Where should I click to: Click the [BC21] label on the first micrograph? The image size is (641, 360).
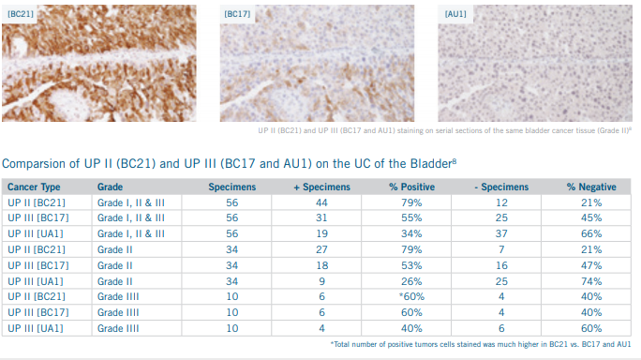(21, 14)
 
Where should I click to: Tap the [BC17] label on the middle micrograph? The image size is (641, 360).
(237, 14)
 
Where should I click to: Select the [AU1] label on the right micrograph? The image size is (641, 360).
(455, 14)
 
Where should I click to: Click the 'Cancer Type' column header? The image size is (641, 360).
(34, 187)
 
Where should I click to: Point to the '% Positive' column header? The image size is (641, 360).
(411, 187)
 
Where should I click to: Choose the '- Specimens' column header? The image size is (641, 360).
(501, 187)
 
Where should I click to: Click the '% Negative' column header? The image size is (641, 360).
(591, 187)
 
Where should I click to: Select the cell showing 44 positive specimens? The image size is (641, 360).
(321, 202)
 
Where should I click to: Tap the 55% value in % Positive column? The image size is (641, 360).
(411, 218)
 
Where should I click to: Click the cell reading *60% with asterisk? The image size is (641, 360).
(411, 296)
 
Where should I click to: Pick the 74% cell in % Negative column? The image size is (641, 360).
(591, 281)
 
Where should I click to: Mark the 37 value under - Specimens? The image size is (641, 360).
(501, 233)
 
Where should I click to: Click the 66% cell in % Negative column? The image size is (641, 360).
(591, 233)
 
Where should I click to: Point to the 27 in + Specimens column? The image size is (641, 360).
(321, 249)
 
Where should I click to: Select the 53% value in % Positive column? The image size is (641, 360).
(411, 265)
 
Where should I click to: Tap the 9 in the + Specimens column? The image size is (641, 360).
(322, 281)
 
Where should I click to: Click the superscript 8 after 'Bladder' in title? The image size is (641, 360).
(455, 160)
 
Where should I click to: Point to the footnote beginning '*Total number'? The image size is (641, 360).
(481, 344)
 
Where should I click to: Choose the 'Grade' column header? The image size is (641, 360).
(110, 187)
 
